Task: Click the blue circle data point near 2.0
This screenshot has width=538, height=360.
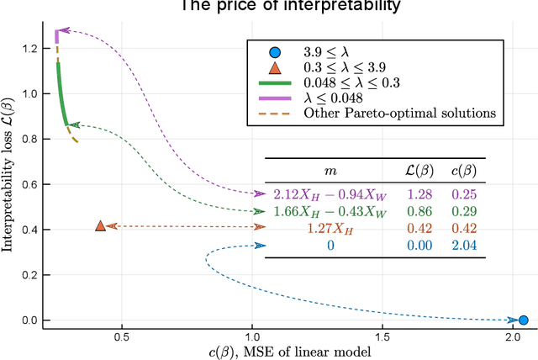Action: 523,320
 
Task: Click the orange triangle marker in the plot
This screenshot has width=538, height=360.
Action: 101,225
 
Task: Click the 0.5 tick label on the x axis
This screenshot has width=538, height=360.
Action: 122,340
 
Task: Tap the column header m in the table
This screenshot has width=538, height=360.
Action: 330,171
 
